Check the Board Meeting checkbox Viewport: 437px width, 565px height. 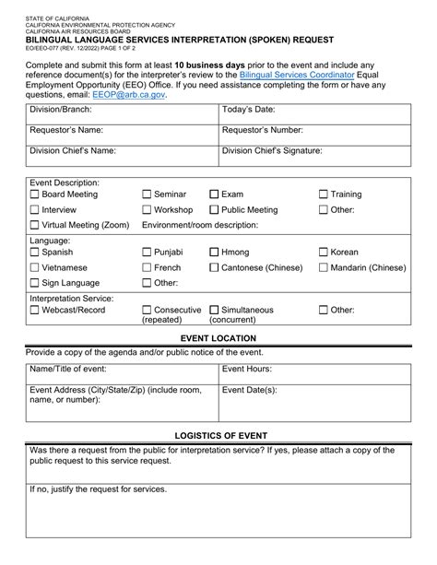[35, 194]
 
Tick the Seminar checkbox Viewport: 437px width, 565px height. [147, 194]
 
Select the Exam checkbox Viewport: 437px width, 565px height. [214, 194]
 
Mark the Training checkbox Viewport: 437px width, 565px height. [324, 194]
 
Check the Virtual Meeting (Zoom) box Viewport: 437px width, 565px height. [35, 224]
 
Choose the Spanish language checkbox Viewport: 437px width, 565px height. [35, 252]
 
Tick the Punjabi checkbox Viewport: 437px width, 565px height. [147, 252]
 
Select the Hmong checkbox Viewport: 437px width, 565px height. [214, 252]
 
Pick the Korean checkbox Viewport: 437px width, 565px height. [324, 252]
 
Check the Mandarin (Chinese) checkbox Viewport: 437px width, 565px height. [324, 267]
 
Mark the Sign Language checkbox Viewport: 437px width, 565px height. [35, 283]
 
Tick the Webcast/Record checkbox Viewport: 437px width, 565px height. [35, 311]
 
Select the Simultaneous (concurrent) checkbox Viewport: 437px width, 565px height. [214, 311]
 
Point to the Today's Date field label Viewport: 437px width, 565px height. [250, 111]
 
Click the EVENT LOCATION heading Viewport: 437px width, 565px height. [218, 340]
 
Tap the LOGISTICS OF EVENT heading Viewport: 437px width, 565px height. [218, 434]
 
